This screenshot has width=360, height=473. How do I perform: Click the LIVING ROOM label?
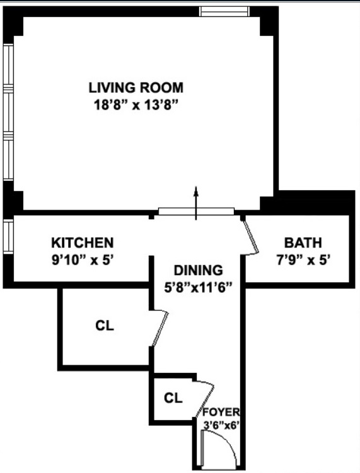point(136,88)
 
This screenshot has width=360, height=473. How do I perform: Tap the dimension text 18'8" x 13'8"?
point(136,105)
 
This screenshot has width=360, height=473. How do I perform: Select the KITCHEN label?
point(83,243)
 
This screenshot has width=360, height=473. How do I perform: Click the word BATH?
point(303,243)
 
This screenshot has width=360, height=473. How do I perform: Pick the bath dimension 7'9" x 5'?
point(303,259)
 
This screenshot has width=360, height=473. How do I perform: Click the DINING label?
point(199,270)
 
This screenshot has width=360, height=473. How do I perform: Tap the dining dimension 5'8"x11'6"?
point(199,287)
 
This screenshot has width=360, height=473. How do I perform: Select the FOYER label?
point(221,412)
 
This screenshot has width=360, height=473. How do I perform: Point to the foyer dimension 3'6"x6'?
point(221,425)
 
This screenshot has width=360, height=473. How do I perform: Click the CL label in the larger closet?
point(105,326)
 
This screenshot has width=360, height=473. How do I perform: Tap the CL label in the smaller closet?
point(173,398)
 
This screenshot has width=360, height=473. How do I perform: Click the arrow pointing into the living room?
point(196,203)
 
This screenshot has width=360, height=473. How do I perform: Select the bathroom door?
point(252,237)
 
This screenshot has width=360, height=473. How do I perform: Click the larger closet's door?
point(160,328)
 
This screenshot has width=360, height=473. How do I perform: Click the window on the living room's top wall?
point(224,11)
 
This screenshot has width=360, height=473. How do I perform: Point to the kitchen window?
point(8,236)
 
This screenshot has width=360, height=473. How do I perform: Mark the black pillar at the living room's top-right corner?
point(267,23)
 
